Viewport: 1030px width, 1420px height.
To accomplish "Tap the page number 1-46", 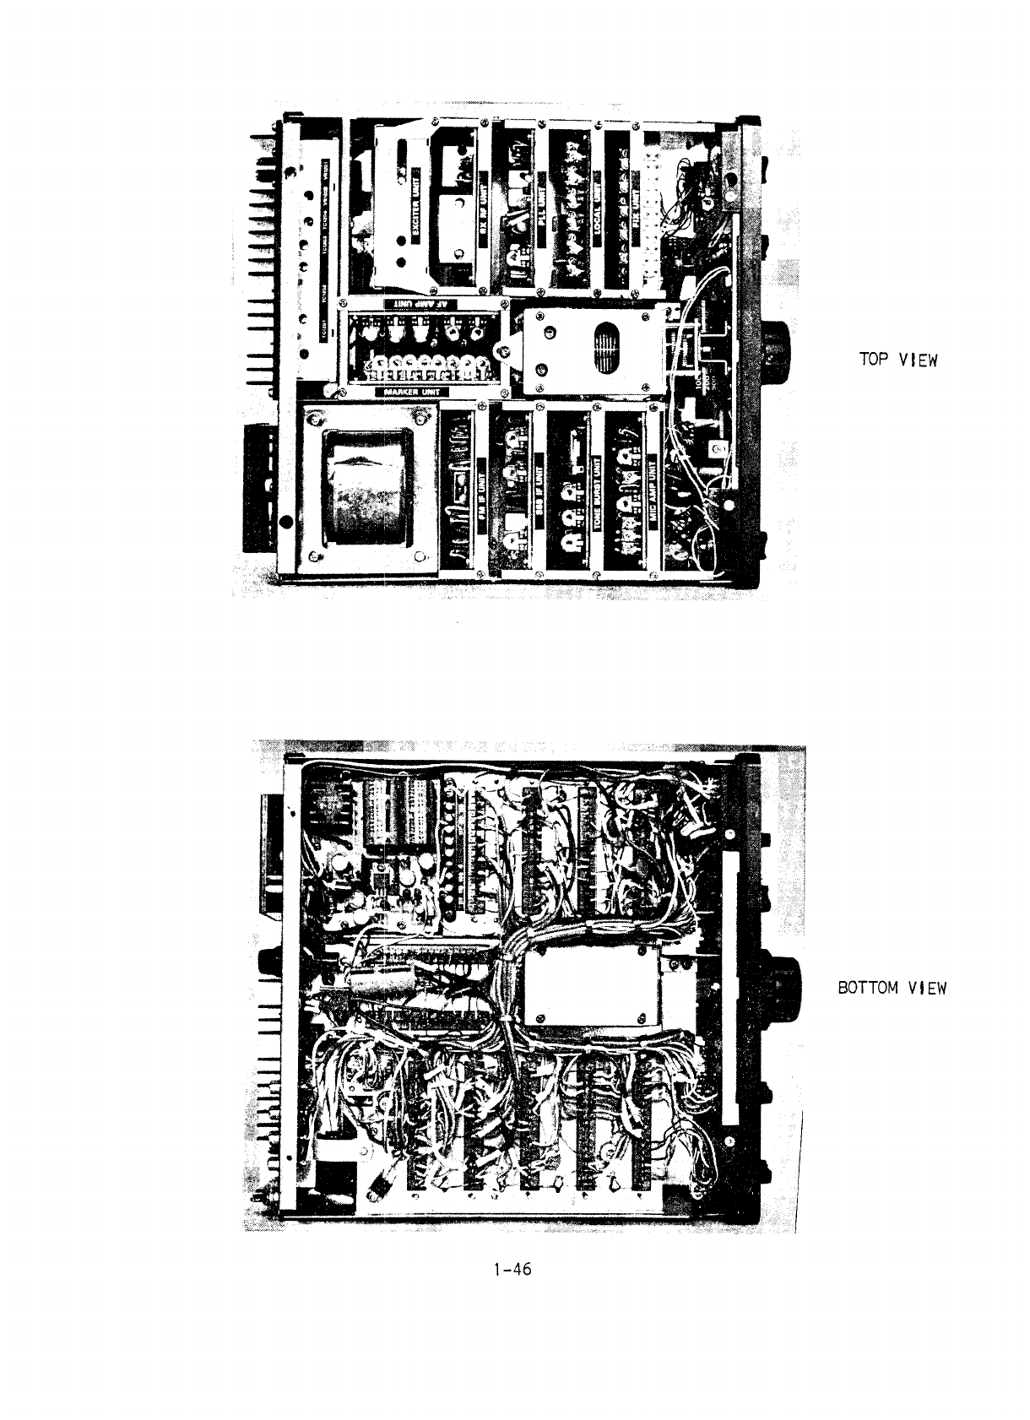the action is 513,1269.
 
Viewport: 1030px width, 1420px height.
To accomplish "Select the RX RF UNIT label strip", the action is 485,203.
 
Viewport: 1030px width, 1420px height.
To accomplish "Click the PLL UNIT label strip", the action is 541,203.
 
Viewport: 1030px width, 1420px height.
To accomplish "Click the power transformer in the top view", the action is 365,488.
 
